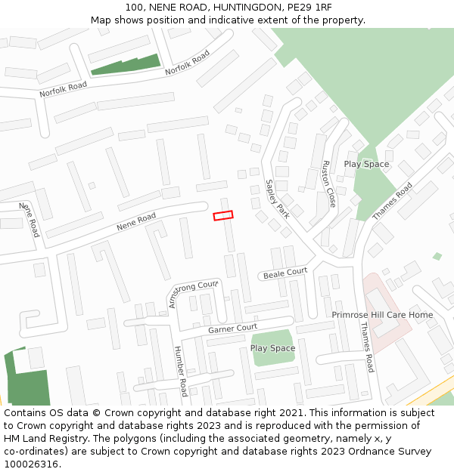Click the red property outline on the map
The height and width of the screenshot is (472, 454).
pos(223,216)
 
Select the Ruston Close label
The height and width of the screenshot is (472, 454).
pos(328,184)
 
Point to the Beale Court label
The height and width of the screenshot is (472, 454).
pos(285,273)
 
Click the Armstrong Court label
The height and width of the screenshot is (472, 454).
pos(193,294)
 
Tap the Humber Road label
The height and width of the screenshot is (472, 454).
pos(180,372)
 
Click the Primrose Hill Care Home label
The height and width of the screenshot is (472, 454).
pos(382,315)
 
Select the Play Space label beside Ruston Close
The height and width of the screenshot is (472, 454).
pos(366,164)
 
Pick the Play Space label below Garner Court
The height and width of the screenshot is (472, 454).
pos(272,348)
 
